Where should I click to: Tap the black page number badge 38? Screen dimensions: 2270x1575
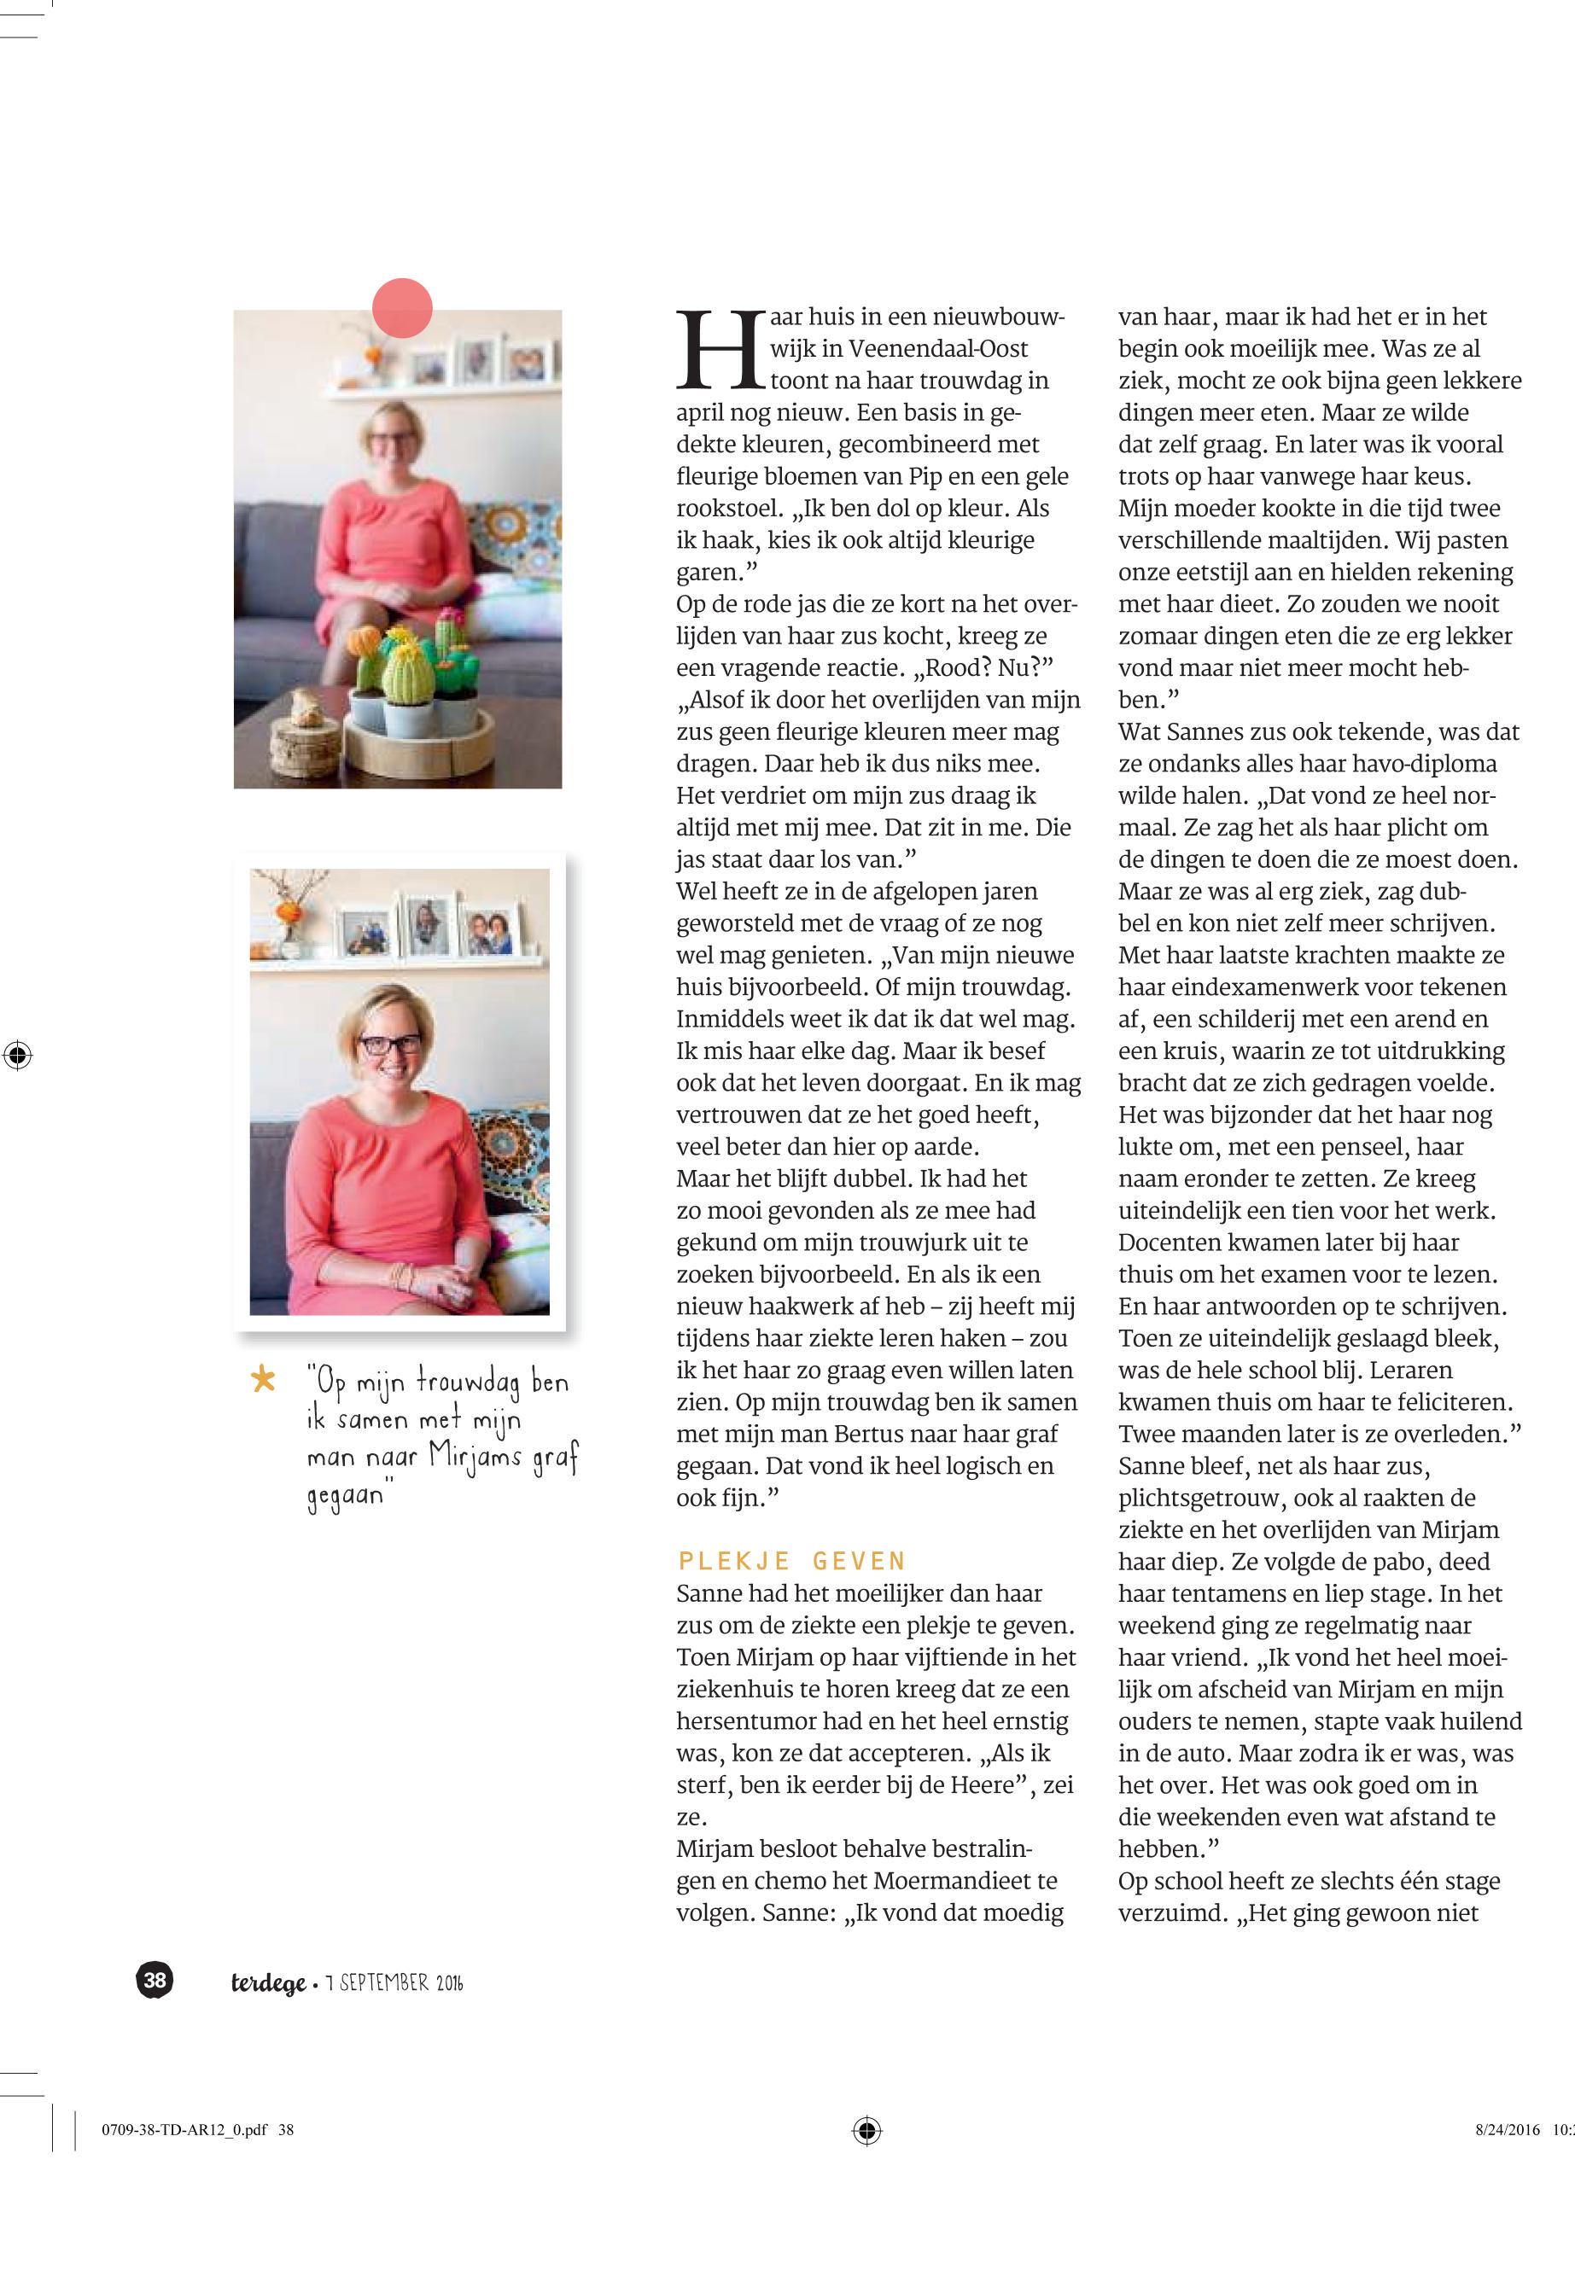(x=155, y=1980)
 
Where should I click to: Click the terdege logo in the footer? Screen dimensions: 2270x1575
(x=268, y=1983)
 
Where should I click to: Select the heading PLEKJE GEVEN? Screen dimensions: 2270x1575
(x=791, y=1561)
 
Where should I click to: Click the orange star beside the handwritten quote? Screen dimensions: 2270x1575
(x=264, y=1378)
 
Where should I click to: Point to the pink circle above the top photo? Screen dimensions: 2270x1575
(x=403, y=308)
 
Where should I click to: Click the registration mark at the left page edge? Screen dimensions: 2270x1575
(x=18, y=1055)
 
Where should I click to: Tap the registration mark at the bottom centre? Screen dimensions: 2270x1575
(x=866, y=2130)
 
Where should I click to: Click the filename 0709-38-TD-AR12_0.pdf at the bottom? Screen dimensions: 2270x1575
(x=184, y=2130)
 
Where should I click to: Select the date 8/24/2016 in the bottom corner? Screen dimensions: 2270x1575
(x=1507, y=2130)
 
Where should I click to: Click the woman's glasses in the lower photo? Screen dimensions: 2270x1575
(x=390, y=1045)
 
